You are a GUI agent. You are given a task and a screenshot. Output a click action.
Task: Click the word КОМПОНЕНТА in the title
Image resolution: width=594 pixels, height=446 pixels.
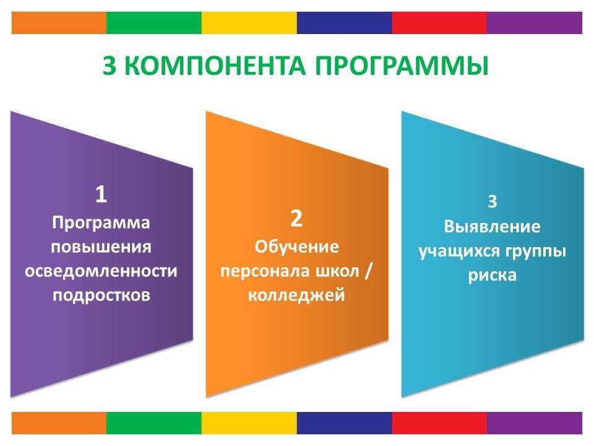click(x=215, y=66)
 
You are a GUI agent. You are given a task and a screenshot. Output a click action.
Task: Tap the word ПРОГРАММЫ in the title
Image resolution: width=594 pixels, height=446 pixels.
click(x=402, y=66)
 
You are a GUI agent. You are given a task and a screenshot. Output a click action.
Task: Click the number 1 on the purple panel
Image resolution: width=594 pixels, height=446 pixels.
click(x=101, y=194)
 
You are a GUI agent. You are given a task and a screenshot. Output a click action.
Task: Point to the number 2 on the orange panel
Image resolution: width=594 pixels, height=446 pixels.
click(x=296, y=219)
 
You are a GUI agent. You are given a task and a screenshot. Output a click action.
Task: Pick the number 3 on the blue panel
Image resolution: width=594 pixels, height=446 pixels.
click(x=492, y=202)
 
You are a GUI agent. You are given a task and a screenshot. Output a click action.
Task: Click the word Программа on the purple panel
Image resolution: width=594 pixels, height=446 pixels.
click(x=101, y=223)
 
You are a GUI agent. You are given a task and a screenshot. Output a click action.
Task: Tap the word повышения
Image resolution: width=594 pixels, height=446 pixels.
click(x=101, y=247)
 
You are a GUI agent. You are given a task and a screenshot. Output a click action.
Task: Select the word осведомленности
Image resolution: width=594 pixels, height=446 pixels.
click(x=101, y=271)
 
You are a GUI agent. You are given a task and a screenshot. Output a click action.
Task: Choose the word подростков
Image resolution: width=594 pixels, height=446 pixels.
click(x=101, y=295)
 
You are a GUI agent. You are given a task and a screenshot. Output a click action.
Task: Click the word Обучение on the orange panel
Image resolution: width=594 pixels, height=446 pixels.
click(x=296, y=247)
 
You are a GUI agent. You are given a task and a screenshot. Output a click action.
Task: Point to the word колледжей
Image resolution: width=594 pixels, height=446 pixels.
click(x=296, y=295)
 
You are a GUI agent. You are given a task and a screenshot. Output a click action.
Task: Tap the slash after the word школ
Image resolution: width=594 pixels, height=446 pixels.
click(x=368, y=271)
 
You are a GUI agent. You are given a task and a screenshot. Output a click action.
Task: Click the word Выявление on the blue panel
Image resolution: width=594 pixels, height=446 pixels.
click(x=492, y=227)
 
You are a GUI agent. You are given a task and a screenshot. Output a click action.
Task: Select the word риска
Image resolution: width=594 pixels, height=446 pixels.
click(x=492, y=275)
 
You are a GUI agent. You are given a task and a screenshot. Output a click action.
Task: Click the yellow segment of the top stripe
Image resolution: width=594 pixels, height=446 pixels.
click(x=249, y=23)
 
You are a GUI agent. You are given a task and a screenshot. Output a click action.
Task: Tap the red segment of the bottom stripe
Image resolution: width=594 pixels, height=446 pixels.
click(x=439, y=423)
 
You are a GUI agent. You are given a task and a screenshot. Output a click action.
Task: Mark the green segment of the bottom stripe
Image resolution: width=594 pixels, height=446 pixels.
click(x=154, y=423)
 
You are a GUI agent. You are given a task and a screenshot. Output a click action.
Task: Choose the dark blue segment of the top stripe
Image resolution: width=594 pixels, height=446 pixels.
click(x=345, y=23)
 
